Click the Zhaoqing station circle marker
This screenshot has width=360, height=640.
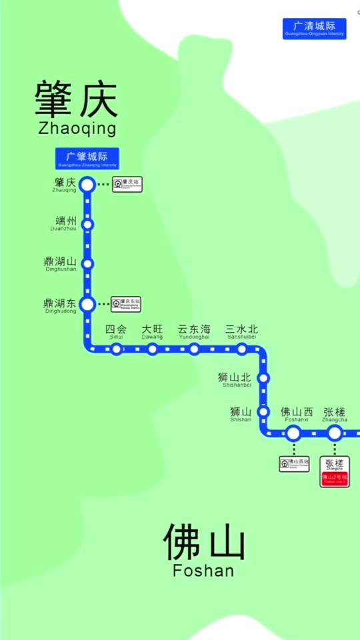point(87,185)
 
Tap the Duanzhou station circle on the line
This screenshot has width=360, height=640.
point(87,224)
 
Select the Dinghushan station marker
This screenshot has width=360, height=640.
point(87,264)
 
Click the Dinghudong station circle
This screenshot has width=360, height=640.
point(87,305)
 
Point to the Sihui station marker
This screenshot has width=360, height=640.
point(117,349)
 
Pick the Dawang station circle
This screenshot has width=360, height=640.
point(153,349)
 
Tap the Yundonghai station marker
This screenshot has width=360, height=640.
point(194,349)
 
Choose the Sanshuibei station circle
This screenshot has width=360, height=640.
point(242,349)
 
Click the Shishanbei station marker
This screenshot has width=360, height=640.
point(263,378)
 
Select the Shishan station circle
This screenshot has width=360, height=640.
point(263,411)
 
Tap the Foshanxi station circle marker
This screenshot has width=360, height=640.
point(293,433)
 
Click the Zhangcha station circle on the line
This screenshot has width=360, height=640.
point(335,433)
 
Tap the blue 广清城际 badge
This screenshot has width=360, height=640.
point(315,29)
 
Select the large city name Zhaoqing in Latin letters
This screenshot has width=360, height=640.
point(77,128)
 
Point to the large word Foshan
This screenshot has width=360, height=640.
point(203,571)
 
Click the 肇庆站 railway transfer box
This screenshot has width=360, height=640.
point(127,184)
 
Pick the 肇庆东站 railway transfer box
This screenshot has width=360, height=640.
point(127,305)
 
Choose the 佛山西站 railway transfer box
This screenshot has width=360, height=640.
point(294,463)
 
